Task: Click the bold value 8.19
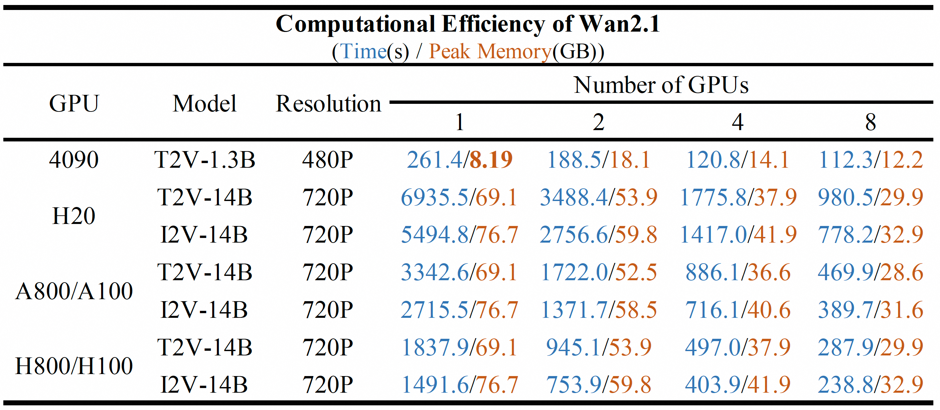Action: point(491,160)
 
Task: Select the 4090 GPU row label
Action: point(74,160)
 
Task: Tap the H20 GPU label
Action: point(74,216)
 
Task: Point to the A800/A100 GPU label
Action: point(74,291)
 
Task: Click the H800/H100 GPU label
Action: point(74,366)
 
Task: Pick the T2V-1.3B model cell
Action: point(204,160)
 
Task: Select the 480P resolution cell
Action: point(327,160)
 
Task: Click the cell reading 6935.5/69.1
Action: point(459,198)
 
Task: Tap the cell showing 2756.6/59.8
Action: point(598,235)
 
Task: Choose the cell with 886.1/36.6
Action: point(738,272)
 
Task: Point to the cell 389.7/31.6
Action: point(870,310)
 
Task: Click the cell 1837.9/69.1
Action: point(459,347)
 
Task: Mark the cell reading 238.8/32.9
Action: point(870,384)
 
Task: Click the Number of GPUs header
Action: point(661,85)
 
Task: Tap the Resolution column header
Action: point(328,104)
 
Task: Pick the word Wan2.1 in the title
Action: point(619,24)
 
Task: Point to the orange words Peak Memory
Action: point(490,52)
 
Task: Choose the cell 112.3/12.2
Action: point(870,160)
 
